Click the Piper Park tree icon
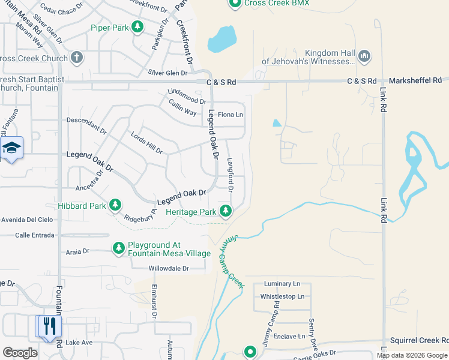click(x=137, y=27)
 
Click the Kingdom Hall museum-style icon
click(x=364, y=56)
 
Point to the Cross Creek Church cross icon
click(x=76, y=58)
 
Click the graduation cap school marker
click(x=11, y=148)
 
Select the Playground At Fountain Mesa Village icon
click(x=119, y=248)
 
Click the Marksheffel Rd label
click(x=415, y=80)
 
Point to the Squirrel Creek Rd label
click(x=418, y=340)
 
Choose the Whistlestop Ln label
click(x=282, y=296)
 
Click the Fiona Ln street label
click(x=230, y=115)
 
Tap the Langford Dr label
click(x=230, y=175)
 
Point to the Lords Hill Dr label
click(x=146, y=142)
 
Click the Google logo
click(x=20, y=352)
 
